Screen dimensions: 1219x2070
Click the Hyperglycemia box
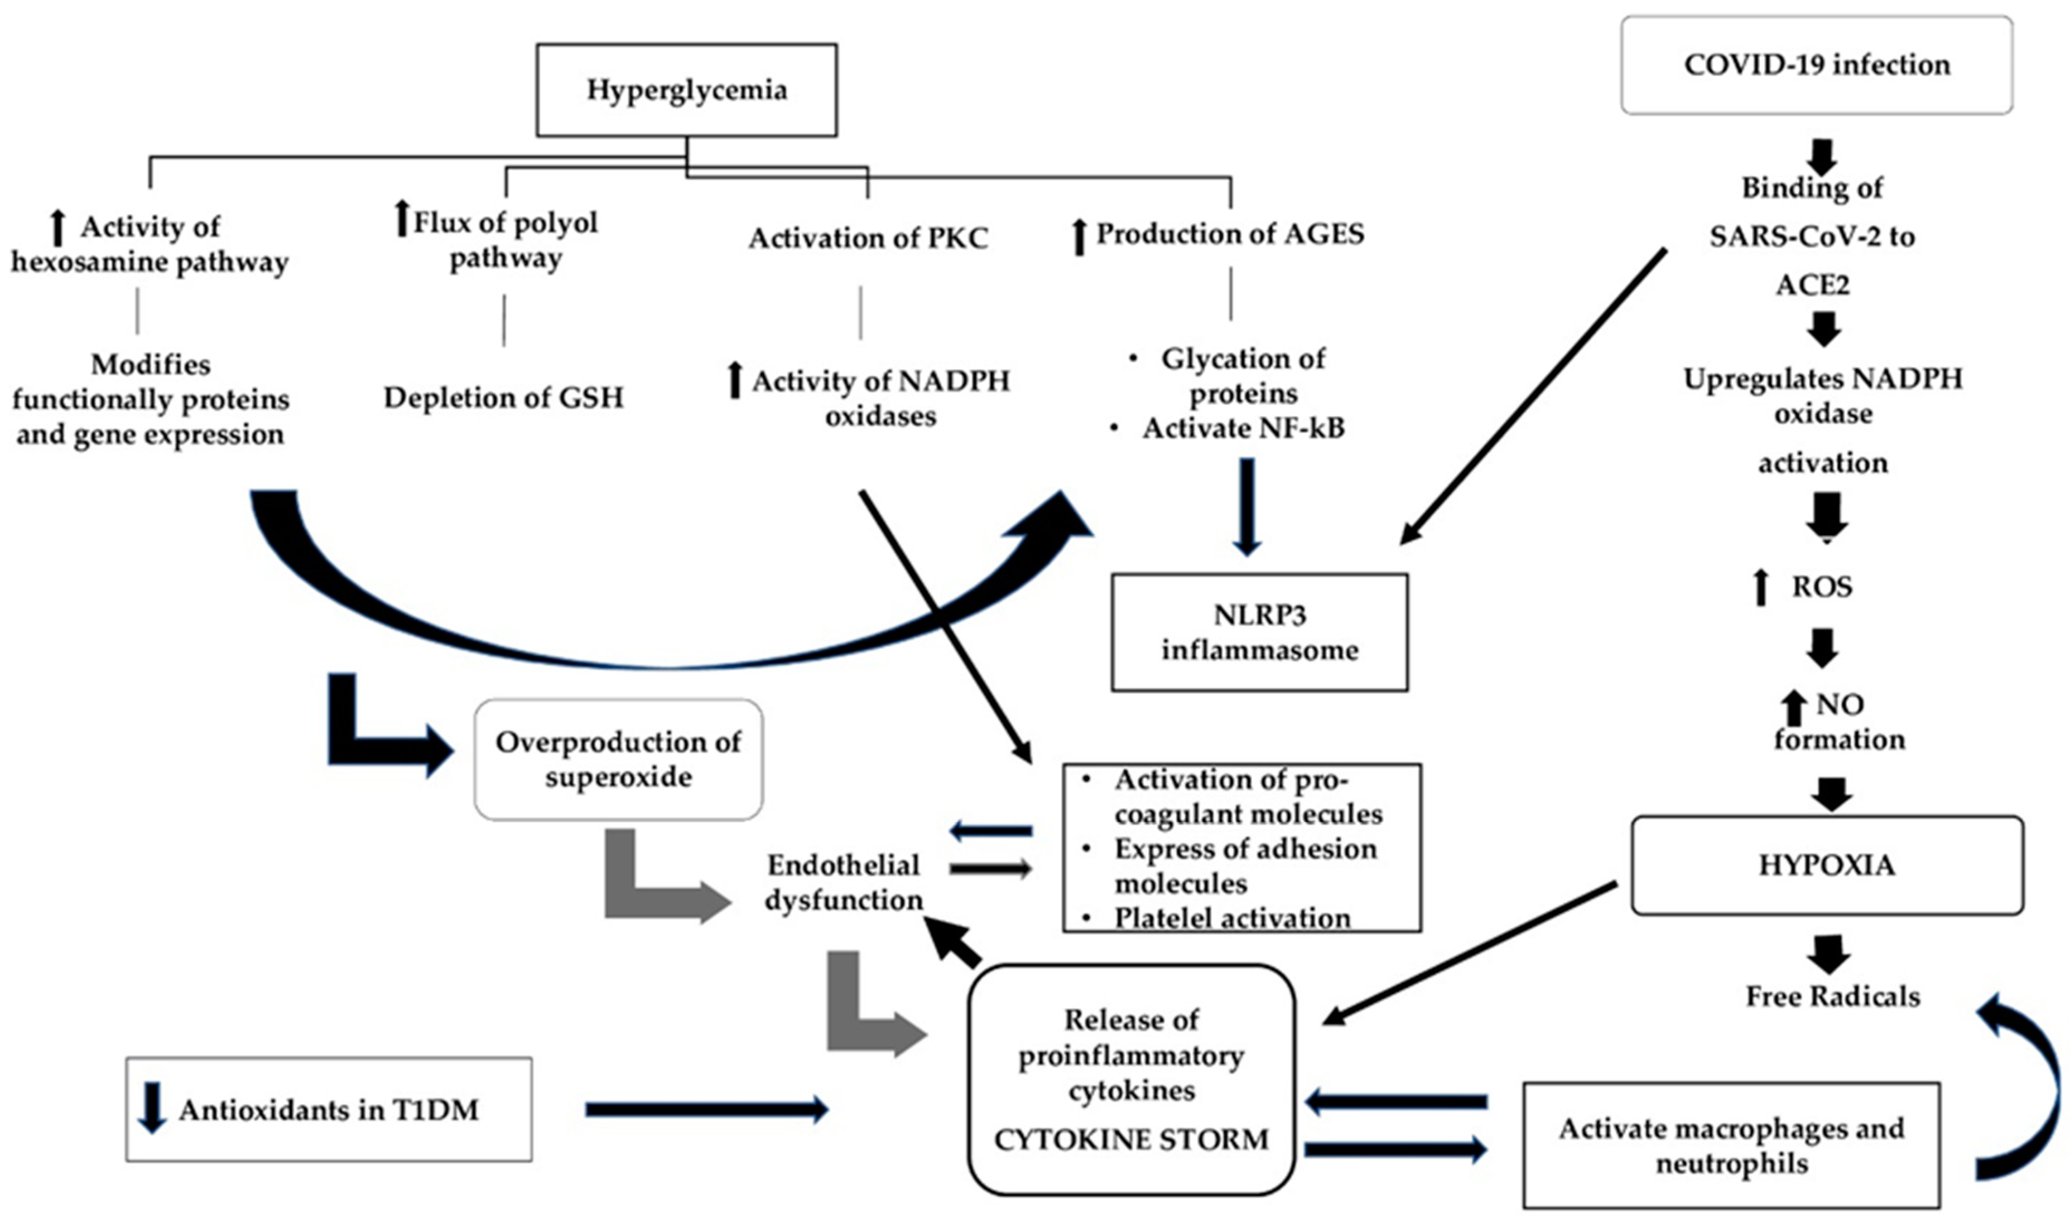(x=686, y=90)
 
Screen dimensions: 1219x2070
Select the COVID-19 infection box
(x=1816, y=65)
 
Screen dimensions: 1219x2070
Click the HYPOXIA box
(x=1827, y=865)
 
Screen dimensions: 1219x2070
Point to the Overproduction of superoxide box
(x=618, y=759)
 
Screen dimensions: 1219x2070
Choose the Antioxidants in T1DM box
(x=329, y=1110)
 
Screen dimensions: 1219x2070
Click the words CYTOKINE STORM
(x=1132, y=1139)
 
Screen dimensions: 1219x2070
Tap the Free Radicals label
(x=1832, y=997)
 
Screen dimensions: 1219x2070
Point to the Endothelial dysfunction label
(x=844, y=882)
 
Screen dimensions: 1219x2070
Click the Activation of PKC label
(x=868, y=238)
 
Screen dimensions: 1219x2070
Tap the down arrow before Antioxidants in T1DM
(x=152, y=1108)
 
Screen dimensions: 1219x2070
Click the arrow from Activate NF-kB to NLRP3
(x=1246, y=506)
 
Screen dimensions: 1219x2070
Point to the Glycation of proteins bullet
(x=1243, y=375)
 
